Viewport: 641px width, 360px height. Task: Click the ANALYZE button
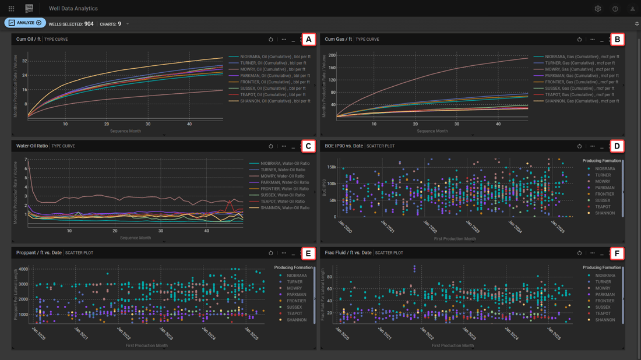point(25,23)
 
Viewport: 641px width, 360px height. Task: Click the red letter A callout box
point(308,40)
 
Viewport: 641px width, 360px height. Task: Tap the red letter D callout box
point(617,146)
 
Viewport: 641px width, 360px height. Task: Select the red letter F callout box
point(617,253)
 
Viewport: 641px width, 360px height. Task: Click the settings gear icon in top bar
point(597,9)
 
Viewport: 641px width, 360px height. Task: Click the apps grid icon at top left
point(11,9)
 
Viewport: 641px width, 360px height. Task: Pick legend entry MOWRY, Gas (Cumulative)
point(577,69)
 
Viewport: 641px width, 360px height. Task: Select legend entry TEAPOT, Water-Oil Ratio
point(283,202)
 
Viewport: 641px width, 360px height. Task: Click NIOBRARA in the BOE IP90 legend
point(604,169)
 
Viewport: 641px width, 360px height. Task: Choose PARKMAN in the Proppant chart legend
point(296,295)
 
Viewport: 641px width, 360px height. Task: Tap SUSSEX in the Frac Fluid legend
point(603,307)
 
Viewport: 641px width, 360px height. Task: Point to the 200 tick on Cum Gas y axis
point(332,56)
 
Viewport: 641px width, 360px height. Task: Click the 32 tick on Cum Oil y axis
point(24,61)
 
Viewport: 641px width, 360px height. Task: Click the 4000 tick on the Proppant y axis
point(23,270)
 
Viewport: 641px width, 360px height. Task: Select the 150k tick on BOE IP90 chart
point(331,167)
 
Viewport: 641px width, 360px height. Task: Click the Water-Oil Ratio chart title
point(31,146)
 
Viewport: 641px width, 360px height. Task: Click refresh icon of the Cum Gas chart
point(579,40)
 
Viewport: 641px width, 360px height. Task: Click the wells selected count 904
point(89,24)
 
